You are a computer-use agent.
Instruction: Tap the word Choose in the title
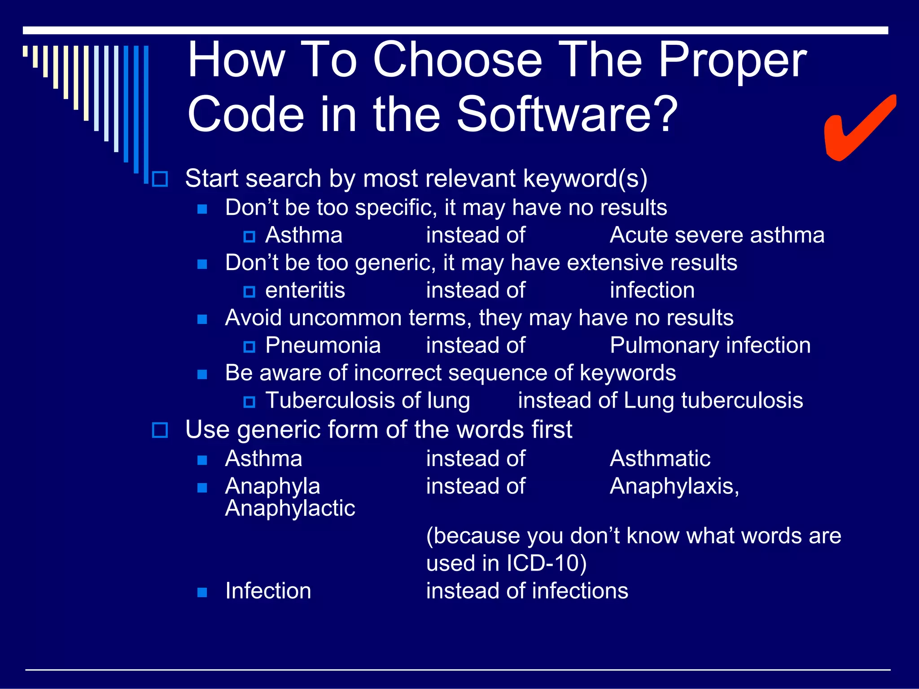[x=458, y=61]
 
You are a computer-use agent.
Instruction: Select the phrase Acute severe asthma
[x=717, y=235]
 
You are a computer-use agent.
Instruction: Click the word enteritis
[x=305, y=291]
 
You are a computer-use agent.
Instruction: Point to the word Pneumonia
[x=323, y=346]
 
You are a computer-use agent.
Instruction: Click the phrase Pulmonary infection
[x=710, y=346]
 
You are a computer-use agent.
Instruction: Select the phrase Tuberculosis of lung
[x=368, y=401]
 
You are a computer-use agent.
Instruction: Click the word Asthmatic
[x=660, y=459]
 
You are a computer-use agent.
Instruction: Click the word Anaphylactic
[x=290, y=509]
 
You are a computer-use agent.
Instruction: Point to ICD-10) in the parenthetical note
[x=546, y=563]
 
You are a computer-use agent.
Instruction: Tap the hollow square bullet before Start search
[x=160, y=179]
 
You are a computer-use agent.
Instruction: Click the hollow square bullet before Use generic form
[x=160, y=430]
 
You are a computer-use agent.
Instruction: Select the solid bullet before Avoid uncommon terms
[x=202, y=319]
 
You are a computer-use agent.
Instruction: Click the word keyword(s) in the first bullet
[x=585, y=179]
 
